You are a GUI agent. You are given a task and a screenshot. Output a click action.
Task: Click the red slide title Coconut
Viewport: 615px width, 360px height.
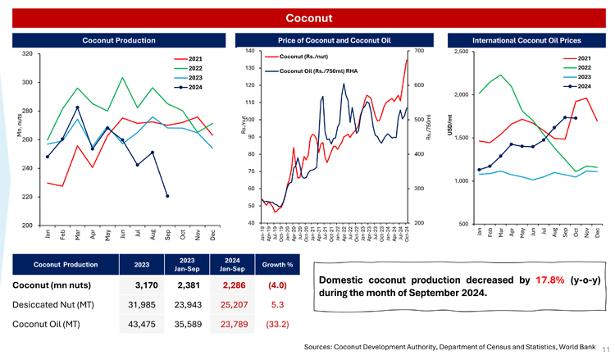pyautogui.click(x=307, y=18)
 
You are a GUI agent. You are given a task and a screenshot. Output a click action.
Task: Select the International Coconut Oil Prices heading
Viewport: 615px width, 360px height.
pyautogui.click(x=527, y=39)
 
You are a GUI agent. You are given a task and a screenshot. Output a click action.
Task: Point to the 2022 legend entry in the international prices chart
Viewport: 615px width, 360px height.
pyautogui.click(x=584, y=67)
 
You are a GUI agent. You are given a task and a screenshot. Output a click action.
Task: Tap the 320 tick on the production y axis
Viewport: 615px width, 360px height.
pyautogui.click(x=26, y=54)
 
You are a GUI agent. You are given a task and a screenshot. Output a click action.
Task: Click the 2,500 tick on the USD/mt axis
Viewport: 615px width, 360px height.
pyautogui.click(x=461, y=52)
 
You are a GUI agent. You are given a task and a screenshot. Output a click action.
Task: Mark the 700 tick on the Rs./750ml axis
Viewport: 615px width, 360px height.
pyautogui.click(x=419, y=52)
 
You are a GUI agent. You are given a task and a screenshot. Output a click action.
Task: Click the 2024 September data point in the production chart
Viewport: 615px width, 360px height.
pyautogui.click(x=167, y=196)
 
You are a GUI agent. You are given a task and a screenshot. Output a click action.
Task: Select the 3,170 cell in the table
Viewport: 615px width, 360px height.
pyautogui.click(x=135, y=286)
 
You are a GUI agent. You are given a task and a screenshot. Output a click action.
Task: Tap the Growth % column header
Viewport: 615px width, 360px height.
pyautogui.click(x=271, y=264)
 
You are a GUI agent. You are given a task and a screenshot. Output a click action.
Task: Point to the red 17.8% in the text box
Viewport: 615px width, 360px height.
pyautogui.click(x=549, y=280)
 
